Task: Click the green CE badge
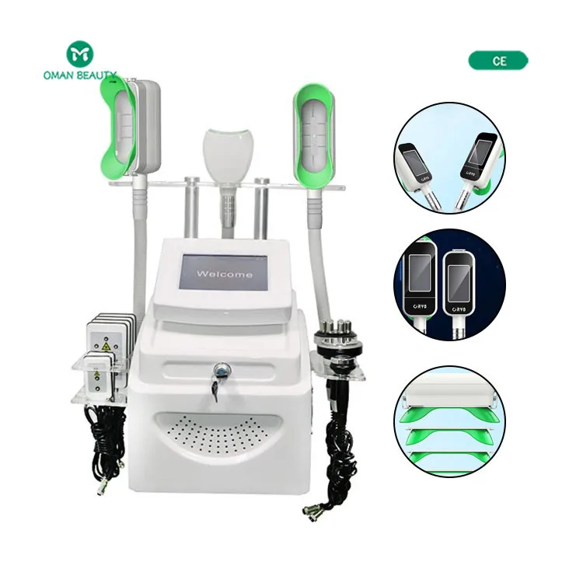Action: (498, 61)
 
